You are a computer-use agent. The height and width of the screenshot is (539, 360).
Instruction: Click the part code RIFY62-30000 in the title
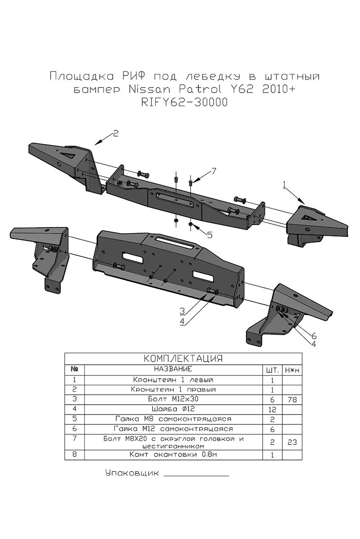pos(184,102)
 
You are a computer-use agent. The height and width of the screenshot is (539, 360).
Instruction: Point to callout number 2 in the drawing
pos(115,133)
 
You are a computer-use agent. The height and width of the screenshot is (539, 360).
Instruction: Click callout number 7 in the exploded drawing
pos(214,171)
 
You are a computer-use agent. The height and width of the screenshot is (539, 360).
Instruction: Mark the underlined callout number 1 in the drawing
pos(284,183)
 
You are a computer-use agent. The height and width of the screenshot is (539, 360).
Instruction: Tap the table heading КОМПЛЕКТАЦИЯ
pos(183,358)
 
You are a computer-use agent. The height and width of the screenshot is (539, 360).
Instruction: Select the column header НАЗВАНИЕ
pos(173,369)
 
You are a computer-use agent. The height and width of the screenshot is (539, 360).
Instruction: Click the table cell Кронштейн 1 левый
pos(173,380)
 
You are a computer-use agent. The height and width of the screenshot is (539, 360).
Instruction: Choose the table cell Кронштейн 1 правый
pos(173,389)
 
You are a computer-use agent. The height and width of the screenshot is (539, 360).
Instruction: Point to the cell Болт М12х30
pos(173,399)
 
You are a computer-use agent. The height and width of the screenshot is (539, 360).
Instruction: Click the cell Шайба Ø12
pos(173,409)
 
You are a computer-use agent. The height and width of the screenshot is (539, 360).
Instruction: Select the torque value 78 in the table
pos(292,399)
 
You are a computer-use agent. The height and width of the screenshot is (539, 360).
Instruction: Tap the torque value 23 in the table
pos(292,442)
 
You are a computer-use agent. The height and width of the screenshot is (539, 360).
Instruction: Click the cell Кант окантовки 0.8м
pos(173,455)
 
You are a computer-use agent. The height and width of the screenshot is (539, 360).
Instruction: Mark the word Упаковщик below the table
pos(132,473)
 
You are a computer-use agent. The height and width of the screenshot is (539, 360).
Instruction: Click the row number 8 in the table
pos(75,455)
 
